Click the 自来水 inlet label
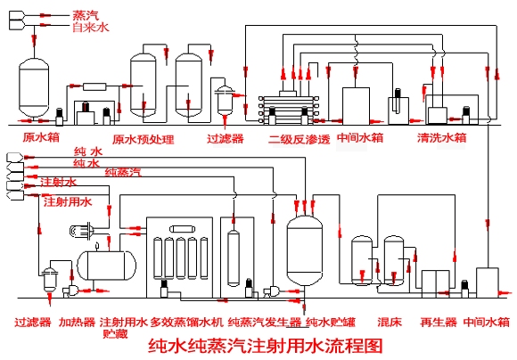[91, 27]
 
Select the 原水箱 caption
[41, 137]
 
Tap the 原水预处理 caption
[144, 139]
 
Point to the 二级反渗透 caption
[299, 139]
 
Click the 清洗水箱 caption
[442, 137]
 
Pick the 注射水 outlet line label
[58, 182]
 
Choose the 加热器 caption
[77, 322]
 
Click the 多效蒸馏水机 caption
[187, 322]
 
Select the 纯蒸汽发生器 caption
[265, 322]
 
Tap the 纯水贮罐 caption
[331, 322]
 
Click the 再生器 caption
[439, 322]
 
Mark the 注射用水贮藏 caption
[123, 328]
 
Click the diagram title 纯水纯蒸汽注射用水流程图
[266, 346]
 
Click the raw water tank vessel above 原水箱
[34, 87]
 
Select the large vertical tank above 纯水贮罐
[304, 250]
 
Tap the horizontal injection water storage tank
[106, 266]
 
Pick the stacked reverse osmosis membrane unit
[289, 109]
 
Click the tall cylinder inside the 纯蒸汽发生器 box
[234, 258]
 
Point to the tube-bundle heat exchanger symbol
[81, 230]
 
